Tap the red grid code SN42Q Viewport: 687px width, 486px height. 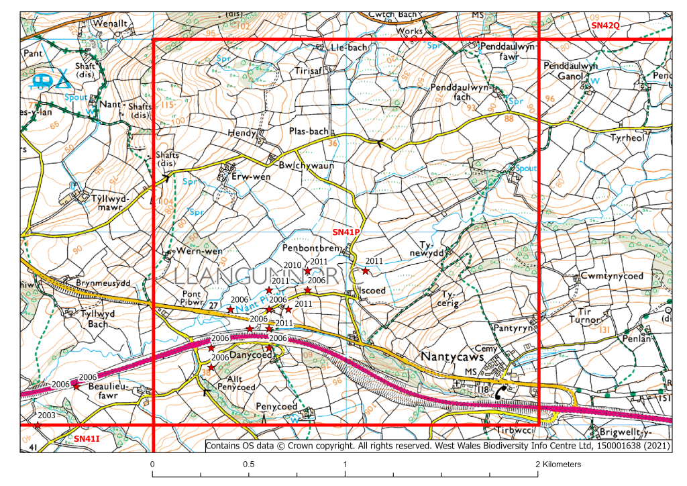(606, 25)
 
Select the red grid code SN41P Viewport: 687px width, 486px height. (348, 232)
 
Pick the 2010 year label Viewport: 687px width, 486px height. (293, 265)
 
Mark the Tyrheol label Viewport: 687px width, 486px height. (627, 138)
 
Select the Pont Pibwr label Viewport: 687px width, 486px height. (194, 298)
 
